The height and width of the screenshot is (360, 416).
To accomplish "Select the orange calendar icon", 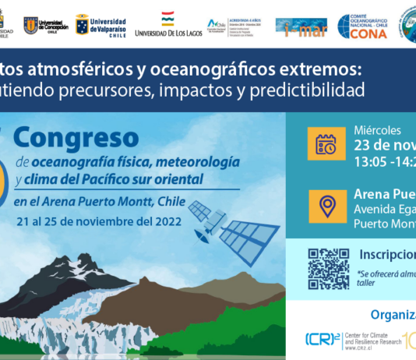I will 326,144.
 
